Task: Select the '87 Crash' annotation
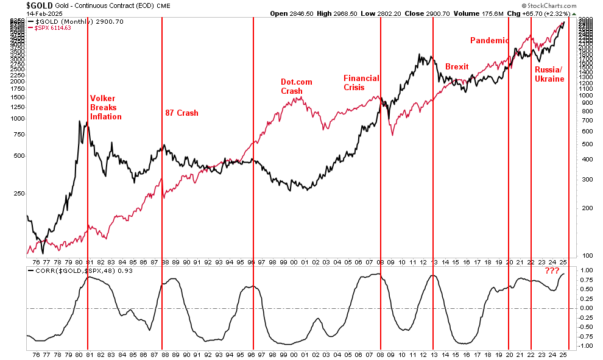182,113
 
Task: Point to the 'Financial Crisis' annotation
362,82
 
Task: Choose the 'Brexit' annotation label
457,66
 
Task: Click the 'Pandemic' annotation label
488,40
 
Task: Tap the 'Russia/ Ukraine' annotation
549,74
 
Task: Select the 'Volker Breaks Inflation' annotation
106,107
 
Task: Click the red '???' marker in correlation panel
552,271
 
